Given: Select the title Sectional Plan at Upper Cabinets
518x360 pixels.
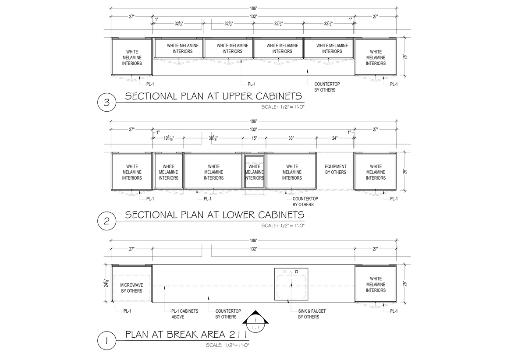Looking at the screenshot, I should (x=213, y=96).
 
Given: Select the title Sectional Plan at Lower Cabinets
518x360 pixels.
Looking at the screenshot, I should (x=214, y=215).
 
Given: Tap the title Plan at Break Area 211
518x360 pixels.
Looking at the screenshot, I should (x=187, y=335).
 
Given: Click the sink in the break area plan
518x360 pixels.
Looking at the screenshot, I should (x=291, y=284).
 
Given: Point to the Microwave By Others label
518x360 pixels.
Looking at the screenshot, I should (x=131, y=288).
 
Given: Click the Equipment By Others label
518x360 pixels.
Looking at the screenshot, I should (x=335, y=169).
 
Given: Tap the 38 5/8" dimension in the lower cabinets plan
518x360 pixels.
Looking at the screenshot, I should (x=213, y=138).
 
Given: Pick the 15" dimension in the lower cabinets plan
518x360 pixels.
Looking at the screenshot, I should (x=254, y=138).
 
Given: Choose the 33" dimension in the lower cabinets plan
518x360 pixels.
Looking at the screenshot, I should (x=291, y=138).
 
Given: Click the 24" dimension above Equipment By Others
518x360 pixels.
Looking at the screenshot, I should (x=335, y=138).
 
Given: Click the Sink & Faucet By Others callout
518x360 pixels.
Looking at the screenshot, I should (x=312, y=314).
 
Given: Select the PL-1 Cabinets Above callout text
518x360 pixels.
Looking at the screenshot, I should (x=184, y=314).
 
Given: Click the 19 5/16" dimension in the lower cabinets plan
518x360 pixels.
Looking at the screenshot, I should (x=168, y=138).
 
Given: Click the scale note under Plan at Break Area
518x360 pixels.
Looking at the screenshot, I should (x=227, y=345).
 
